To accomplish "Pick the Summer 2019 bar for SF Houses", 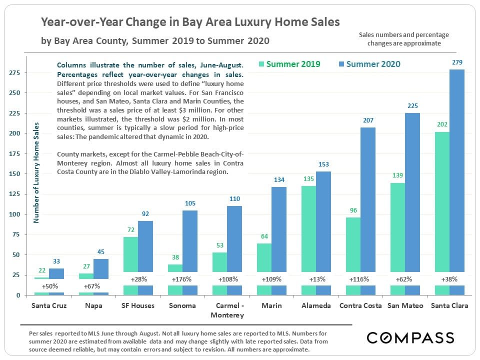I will pos(130,255).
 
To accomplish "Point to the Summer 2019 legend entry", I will pos(289,64).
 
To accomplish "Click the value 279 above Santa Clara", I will pos(456,62).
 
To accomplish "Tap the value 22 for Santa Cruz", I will pos(42,270).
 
